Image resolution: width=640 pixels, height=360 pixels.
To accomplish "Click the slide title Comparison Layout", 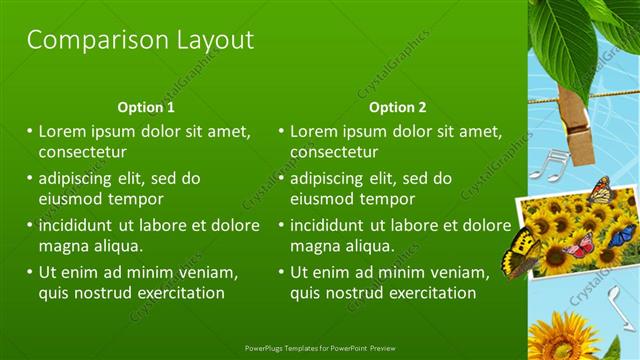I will point(140,40).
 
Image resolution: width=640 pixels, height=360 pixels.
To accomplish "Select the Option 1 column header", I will point(146,107).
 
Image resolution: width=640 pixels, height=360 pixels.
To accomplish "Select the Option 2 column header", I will point(397,107).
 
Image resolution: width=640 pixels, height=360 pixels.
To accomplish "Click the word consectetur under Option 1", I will point(82,153).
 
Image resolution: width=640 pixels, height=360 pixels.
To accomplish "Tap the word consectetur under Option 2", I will point(334,153).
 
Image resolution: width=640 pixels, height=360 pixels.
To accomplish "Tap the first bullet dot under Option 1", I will point(30,131).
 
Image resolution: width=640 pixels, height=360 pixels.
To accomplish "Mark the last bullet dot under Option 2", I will point(282,272).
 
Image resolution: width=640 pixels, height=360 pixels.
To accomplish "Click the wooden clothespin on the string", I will point(576,122).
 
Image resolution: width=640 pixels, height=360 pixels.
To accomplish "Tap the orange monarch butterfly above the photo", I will point(600,189).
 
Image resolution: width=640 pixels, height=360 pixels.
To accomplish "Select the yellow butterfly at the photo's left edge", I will point(521,251).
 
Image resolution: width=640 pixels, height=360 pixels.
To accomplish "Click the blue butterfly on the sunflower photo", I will point(621,236).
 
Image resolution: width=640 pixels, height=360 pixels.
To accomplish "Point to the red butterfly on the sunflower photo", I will point(581,244).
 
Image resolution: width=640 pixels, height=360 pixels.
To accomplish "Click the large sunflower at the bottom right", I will point(561,338).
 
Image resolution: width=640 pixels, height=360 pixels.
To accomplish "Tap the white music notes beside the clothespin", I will point(548,165).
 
